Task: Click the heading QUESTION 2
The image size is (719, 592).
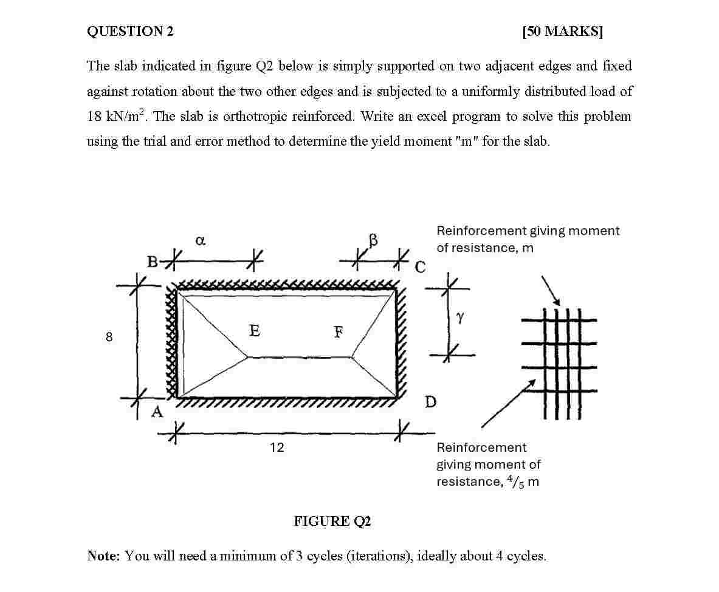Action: click(x=130, y=32)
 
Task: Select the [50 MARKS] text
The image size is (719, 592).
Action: click(x=562, y=32)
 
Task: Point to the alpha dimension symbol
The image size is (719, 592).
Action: click(x=201, y=241)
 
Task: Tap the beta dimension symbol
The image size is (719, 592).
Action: click(x=373, y=240)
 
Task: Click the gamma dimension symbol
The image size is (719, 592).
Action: click(x=460, y=318)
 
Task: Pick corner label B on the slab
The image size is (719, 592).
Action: click(x=153, y=262)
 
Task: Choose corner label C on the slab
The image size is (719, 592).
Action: click(x=421, y=267)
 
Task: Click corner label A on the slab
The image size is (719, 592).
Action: click(x=157, y=412)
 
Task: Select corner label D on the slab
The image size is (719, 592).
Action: click(x=430, y=402)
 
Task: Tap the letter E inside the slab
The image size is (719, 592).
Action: click(x=255, y=330)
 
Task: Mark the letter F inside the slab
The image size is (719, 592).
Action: click(x=338, y=332)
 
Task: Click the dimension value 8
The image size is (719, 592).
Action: click(x=109, y=337)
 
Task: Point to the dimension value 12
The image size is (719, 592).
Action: click(x=277, y=447)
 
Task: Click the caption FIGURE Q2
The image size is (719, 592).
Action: click(x=332, y=521)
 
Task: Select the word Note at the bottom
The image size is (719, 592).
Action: click(x=103, y=556)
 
